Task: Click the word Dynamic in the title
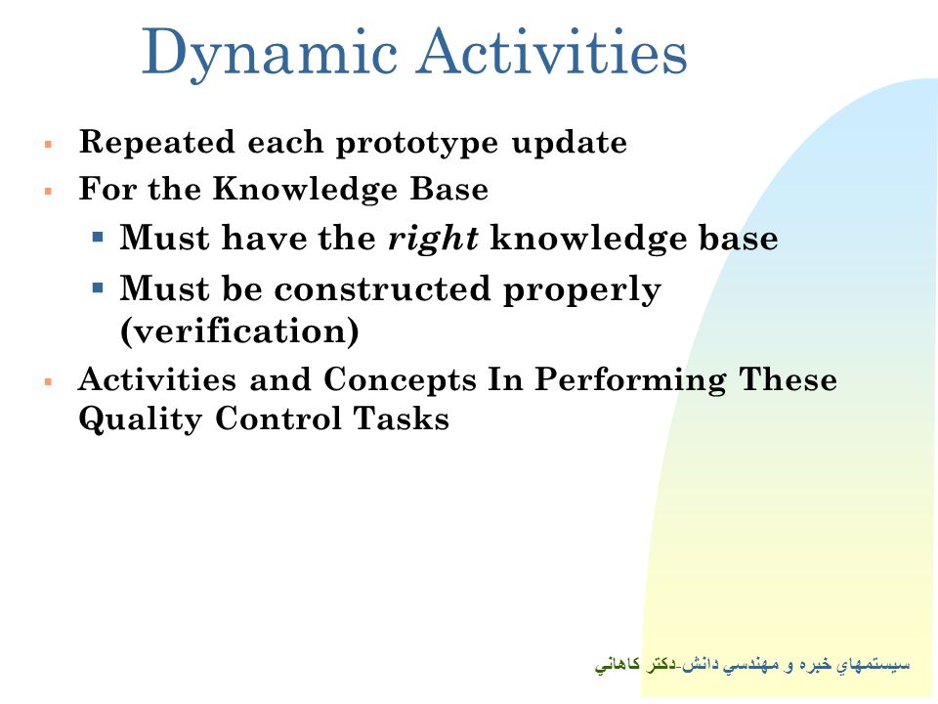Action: tap(270, 54)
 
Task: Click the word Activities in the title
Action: tap(552, 51)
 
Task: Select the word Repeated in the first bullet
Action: tap(156, 144)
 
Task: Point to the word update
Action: tap(570, 144)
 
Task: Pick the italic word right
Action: tap(433, 239)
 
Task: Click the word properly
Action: tap(582, 290)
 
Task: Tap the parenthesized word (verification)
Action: tap(239, 331)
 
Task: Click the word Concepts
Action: tap(401, 380)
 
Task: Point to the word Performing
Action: tap(630, 381)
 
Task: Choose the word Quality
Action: tap(141, 419)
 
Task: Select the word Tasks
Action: tap(401, 418)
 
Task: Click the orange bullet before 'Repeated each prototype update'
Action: tap(49, 145)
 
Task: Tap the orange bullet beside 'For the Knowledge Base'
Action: tap(49, 192)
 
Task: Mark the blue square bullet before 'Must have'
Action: tap(98, 238)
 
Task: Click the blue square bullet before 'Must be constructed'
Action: tap(98, 287)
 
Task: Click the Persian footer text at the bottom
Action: tap(752, 665)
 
